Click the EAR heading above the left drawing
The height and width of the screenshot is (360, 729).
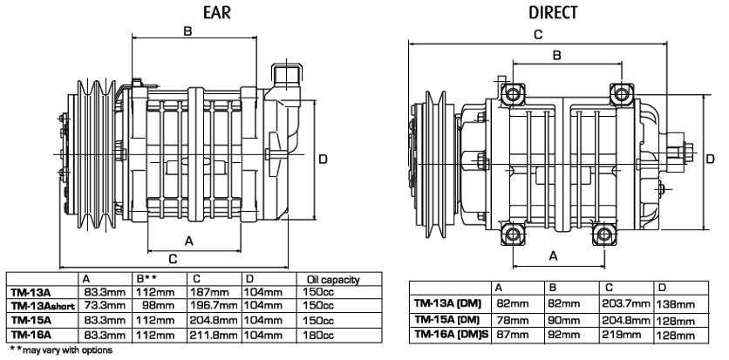pos(216,12)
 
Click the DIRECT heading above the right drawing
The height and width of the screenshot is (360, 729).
pos(553,12)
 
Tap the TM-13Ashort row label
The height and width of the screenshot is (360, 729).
pos(43,306)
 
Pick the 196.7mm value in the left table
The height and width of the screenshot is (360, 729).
pos(214,306)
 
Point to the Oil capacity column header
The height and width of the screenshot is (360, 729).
pos(333,280)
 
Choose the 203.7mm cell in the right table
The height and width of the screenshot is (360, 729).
pos(626,304)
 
